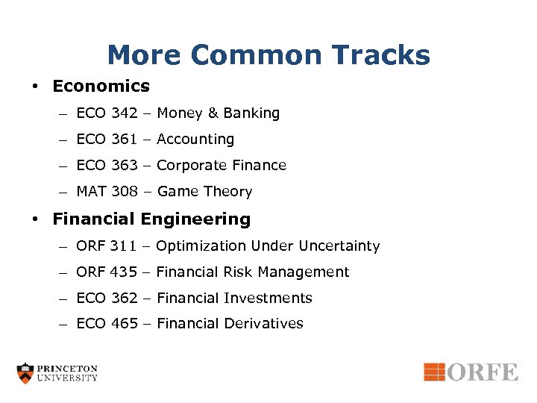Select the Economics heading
coord(101,86)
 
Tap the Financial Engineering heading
coord(151,219)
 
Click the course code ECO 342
coord(107,113)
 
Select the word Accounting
coord(195,140)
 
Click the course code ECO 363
coord(107,166)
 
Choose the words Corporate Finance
coord(222,166)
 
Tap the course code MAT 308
coord(107,192)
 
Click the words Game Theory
coord(204,192)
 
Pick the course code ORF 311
coord(107,246)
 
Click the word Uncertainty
coord(339,246)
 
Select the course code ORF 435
coord(107,272)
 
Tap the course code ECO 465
coord(107,324)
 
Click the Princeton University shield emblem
coord(26,372)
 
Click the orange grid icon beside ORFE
coord(434,372)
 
